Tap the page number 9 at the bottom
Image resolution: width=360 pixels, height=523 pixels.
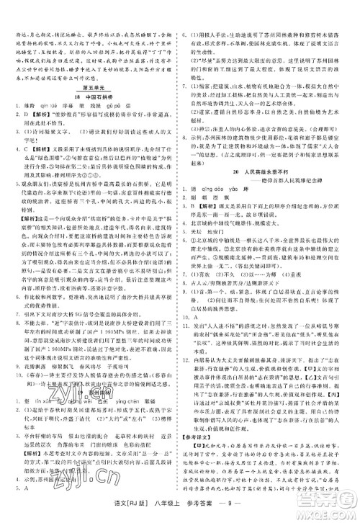(x=242, y=509)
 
